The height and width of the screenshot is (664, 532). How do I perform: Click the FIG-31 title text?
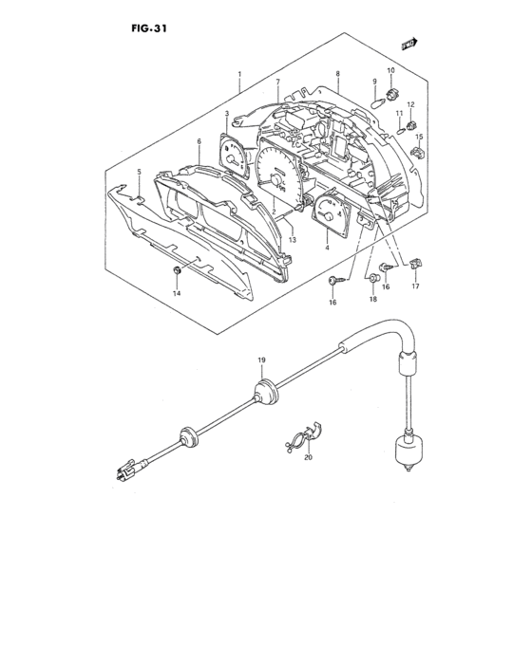coord(148,28)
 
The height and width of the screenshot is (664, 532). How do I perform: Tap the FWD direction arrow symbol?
coord(409,44)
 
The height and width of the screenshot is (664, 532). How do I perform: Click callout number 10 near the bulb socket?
coord(390,70)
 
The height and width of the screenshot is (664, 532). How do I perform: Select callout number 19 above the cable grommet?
coord(261,360)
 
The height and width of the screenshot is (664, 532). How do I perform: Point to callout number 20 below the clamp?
coord(309,457)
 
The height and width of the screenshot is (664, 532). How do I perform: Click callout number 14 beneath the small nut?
coord(177,293)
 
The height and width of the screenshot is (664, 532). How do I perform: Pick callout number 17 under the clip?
coord(415,286)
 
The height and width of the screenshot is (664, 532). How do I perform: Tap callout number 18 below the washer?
coord(373,299)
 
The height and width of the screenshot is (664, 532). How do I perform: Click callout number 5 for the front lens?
coord(139,172)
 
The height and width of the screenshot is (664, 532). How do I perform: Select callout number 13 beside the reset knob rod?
coord(292,240)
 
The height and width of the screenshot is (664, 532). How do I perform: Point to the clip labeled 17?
coord(416,264)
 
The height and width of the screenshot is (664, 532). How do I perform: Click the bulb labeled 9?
coord(377,102)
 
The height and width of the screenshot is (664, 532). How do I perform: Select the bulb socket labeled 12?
coord(411,125)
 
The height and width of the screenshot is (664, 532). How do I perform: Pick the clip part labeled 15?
coord(418,152)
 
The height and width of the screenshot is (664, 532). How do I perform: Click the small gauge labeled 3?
coord(233,156)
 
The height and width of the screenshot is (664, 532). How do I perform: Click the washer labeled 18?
coord(373,278)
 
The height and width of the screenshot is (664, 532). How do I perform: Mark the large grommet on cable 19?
coord(266,393)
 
